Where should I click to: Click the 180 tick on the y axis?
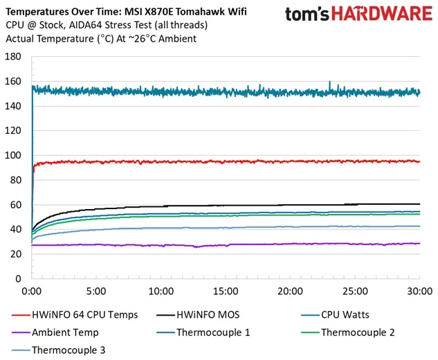pos(13,57)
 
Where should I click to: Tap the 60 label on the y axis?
pos(15,205)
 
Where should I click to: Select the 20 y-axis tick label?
pos(15,254)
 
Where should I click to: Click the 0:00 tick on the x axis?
pos(32,291)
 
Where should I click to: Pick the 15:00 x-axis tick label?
pos(226,291)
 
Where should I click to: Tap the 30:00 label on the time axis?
pos(419,291)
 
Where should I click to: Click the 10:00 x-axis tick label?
pos(161,291)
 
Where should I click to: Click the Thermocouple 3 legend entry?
pos(68,350)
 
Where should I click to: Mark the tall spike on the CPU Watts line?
pos(329,83)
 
